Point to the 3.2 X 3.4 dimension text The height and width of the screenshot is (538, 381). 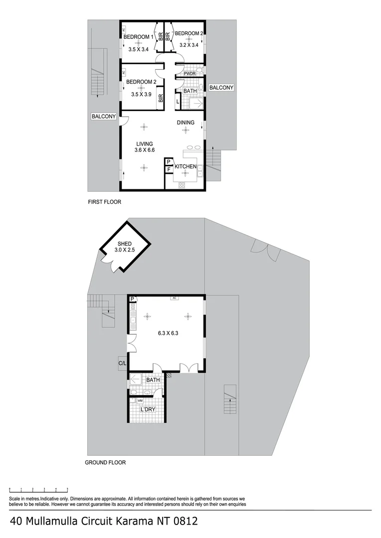pos(189,45)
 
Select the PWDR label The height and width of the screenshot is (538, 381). pos(190,74)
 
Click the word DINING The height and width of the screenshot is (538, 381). pos(186,122)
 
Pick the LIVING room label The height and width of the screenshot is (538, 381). pos(144,144)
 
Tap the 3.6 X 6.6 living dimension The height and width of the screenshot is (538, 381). pos(145,150)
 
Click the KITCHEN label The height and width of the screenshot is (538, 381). pos(185,166)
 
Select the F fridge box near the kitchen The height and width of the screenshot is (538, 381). pos(169,170)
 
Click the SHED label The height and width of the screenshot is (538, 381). pos(124,244)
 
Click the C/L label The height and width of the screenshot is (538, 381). pos(122,363)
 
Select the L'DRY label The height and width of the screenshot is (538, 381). pos(149,409)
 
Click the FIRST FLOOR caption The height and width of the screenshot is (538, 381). pos(105,202)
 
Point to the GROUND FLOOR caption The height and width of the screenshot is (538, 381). pos(105,462)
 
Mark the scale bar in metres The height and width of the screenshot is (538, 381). pos(38,489)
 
